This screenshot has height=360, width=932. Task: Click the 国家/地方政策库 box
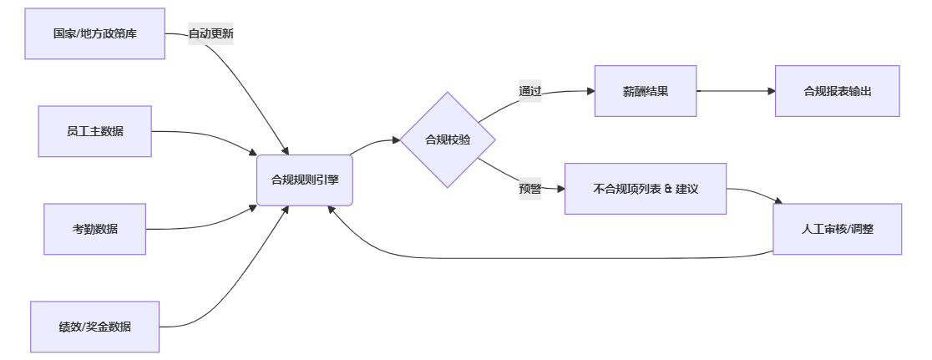[x=94, y=34]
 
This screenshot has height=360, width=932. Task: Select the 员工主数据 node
[x=94, y=131]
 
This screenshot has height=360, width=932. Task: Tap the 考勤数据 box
[x=94, y=229]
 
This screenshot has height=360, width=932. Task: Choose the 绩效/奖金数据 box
[x=94, y=327]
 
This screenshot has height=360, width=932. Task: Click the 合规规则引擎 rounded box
[x=305, y=180]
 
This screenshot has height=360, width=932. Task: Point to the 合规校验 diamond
[x=448, y=139]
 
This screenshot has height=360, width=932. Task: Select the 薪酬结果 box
[x=645, y=91]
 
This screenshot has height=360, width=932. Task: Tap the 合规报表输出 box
[x=837, y=91]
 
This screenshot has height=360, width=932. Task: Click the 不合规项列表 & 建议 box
[x=645, y=189]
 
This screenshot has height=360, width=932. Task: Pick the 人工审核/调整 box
[x=837, y=229]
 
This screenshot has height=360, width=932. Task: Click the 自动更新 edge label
[x=210, y=34]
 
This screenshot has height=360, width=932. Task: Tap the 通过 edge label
[x=530, y=91]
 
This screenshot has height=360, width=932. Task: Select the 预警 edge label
[x=530, y=189]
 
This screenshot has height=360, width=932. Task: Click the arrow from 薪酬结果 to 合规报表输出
[x=735, y=91]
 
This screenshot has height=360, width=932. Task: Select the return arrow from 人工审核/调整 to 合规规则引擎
[x=543, y=257]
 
